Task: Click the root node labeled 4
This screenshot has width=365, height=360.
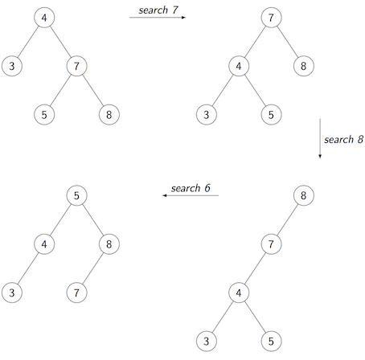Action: point(44,18)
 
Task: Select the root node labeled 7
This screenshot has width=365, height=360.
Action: point(271,18)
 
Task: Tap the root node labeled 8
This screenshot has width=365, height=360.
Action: point(304,195)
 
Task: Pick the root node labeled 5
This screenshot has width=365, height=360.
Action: point(76,195)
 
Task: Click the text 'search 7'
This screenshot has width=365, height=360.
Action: point(158,10)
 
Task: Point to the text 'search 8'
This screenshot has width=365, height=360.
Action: point(344,140)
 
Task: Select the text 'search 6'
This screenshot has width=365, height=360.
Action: point(191,188)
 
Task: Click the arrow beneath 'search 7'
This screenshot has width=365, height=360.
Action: point(158,18)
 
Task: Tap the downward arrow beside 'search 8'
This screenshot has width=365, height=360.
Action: point(320,138)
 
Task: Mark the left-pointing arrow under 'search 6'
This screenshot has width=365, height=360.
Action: point(191,195)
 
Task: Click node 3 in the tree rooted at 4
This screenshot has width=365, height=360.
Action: point(12,66)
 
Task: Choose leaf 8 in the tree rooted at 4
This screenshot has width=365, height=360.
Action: point(109,115)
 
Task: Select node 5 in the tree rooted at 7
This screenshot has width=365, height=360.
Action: point(271,115)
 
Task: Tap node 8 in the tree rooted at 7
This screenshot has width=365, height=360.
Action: point(304,66)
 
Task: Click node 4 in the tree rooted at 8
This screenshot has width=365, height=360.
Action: point(239,292)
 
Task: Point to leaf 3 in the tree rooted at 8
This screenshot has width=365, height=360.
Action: point(207,342)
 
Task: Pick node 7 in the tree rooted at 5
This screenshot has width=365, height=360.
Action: point(76,292)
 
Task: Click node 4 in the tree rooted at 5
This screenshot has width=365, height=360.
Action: point(44,244)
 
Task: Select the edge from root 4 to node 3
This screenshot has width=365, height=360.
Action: point(28,42)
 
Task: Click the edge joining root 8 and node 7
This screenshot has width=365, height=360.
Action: point(287,220)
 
